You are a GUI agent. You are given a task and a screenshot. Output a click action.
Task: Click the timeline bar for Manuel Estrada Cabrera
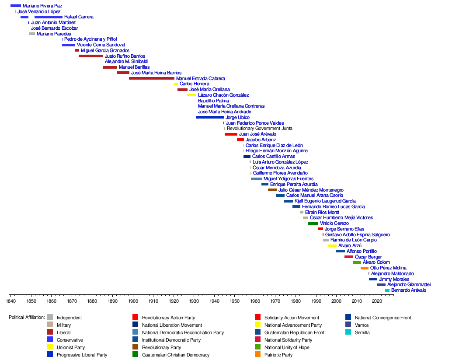[x=152, y=78]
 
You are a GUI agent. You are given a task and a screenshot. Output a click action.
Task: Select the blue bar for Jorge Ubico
[x=210, y=117]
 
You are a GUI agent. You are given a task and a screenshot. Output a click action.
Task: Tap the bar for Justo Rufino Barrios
[x=91, y=56]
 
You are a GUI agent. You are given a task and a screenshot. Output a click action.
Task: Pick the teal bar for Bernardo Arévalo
[x=387, y=290]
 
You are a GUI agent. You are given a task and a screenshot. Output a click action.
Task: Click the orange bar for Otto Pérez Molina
[x=365, y=268]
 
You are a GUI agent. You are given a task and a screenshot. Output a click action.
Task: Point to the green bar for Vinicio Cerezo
[x=313, y=224]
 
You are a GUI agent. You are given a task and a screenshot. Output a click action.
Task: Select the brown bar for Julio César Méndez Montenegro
[x=272, y=190]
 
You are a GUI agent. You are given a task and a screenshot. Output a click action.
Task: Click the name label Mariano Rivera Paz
[x=42, y=6]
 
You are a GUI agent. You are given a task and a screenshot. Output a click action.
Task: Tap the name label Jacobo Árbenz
[x=261, y=140]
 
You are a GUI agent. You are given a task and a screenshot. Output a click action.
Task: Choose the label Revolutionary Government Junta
[x=260, y=129]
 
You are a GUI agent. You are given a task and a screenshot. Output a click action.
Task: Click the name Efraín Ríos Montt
[x=322, y=212]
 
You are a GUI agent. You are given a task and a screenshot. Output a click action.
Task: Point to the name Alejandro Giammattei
[x=409, y=285]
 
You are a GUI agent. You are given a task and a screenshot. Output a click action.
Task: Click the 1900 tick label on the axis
[x=133, y=301]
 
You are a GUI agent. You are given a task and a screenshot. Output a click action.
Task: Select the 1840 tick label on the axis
[x=10, y=301]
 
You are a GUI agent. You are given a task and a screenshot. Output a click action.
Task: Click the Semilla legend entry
[x=362, y=332]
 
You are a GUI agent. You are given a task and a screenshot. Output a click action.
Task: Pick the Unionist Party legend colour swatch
[x=50, y=347]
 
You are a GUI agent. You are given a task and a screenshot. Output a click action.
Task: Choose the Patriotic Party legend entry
[x=278, y=355]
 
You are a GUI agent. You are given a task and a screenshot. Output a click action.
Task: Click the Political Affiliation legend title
[x=27, y=318]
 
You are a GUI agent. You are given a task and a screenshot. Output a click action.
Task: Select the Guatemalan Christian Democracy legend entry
[x=176, y=355]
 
